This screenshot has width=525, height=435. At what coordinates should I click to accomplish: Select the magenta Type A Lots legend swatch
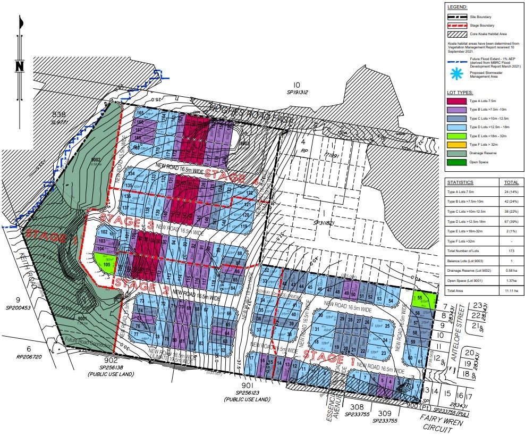click(x=458, y=101)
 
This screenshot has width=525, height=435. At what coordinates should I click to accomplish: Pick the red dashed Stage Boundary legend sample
click(x=458, y=25)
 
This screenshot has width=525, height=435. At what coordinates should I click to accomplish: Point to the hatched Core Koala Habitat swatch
click(x=458, y=33)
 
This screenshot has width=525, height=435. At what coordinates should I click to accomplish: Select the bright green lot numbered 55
click(x=421, y=299)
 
